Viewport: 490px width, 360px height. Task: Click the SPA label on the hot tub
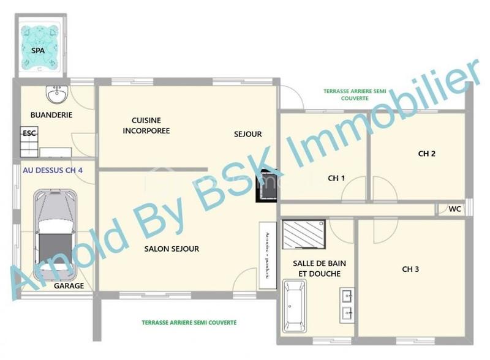pos(38,51)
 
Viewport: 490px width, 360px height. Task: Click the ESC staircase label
pos(29,133)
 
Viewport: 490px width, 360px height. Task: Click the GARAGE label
pos(69,286)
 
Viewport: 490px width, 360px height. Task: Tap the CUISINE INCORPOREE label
pos(146,126)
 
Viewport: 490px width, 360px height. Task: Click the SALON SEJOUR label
pos(171,249)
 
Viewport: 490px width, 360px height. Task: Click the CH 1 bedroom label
pos(336,178)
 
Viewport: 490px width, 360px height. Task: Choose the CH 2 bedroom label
pos(427,154)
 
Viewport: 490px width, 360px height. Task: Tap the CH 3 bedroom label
pos(410,269)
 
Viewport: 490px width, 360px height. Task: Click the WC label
pos(454,209)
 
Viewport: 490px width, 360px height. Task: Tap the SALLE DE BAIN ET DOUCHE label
pos(317,269)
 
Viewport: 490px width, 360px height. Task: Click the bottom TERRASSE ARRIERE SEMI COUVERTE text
pos(189,323)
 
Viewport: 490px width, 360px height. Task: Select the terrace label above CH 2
pos(354,94)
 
